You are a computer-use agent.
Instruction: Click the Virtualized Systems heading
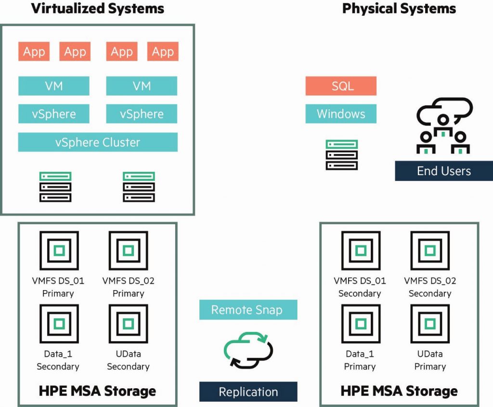coord(97,8)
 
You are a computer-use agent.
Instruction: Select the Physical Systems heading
coord(399,8)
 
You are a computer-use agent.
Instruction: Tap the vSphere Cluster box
coord(98,142)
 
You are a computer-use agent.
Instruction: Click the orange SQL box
coord(341,86)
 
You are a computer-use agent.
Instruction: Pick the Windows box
coord(341,114)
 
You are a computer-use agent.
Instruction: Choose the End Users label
coord(443,171)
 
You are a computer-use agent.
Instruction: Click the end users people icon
coord(443,126)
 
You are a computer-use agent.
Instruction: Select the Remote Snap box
coord(248,310)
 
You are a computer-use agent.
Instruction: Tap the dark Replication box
coord(248,392)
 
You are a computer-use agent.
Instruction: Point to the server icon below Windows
coord(341,155)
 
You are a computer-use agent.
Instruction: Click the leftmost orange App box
coord(34,52)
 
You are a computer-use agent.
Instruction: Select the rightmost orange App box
coord(163,52)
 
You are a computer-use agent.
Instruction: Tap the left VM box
coord(54,86)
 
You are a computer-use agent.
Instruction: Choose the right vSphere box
coord(142,114)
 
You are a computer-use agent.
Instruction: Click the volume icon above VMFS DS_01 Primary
coord(59,251)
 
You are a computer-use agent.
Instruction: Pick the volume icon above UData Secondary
coord(128,324)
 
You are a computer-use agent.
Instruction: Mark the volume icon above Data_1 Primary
coord(360,324)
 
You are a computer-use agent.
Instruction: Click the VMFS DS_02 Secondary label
coord(430,287)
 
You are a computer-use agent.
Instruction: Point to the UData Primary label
coord(430,360)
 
